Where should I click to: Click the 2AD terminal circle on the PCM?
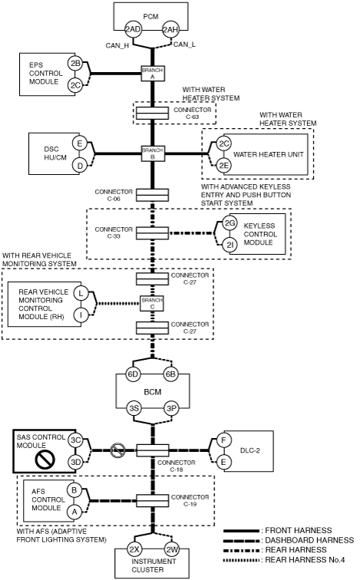(133, 29)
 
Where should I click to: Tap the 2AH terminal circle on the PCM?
(170, 29)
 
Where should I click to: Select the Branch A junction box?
(153, 73)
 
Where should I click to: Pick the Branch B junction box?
(153, 153)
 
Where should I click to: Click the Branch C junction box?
(152, 303)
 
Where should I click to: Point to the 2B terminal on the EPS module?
(75, 63)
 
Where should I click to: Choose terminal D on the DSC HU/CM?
(80, 166)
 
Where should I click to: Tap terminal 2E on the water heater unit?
(223, 166)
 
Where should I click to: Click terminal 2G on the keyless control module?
(230, 223)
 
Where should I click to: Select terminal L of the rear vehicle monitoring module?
(81, 294)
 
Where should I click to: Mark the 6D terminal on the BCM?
(133, 374)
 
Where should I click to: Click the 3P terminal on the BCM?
(171, 408)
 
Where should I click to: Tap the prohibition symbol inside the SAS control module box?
(45, 459)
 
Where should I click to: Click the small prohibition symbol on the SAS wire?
(117, 450)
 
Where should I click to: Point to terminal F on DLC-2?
(223, 440)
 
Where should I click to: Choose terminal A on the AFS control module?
(74, 512)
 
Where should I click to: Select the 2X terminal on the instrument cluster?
(134, 549)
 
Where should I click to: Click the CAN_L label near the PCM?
(185, 44)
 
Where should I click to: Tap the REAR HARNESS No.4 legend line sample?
(242, 560)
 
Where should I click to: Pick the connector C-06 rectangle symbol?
(152, 195)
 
